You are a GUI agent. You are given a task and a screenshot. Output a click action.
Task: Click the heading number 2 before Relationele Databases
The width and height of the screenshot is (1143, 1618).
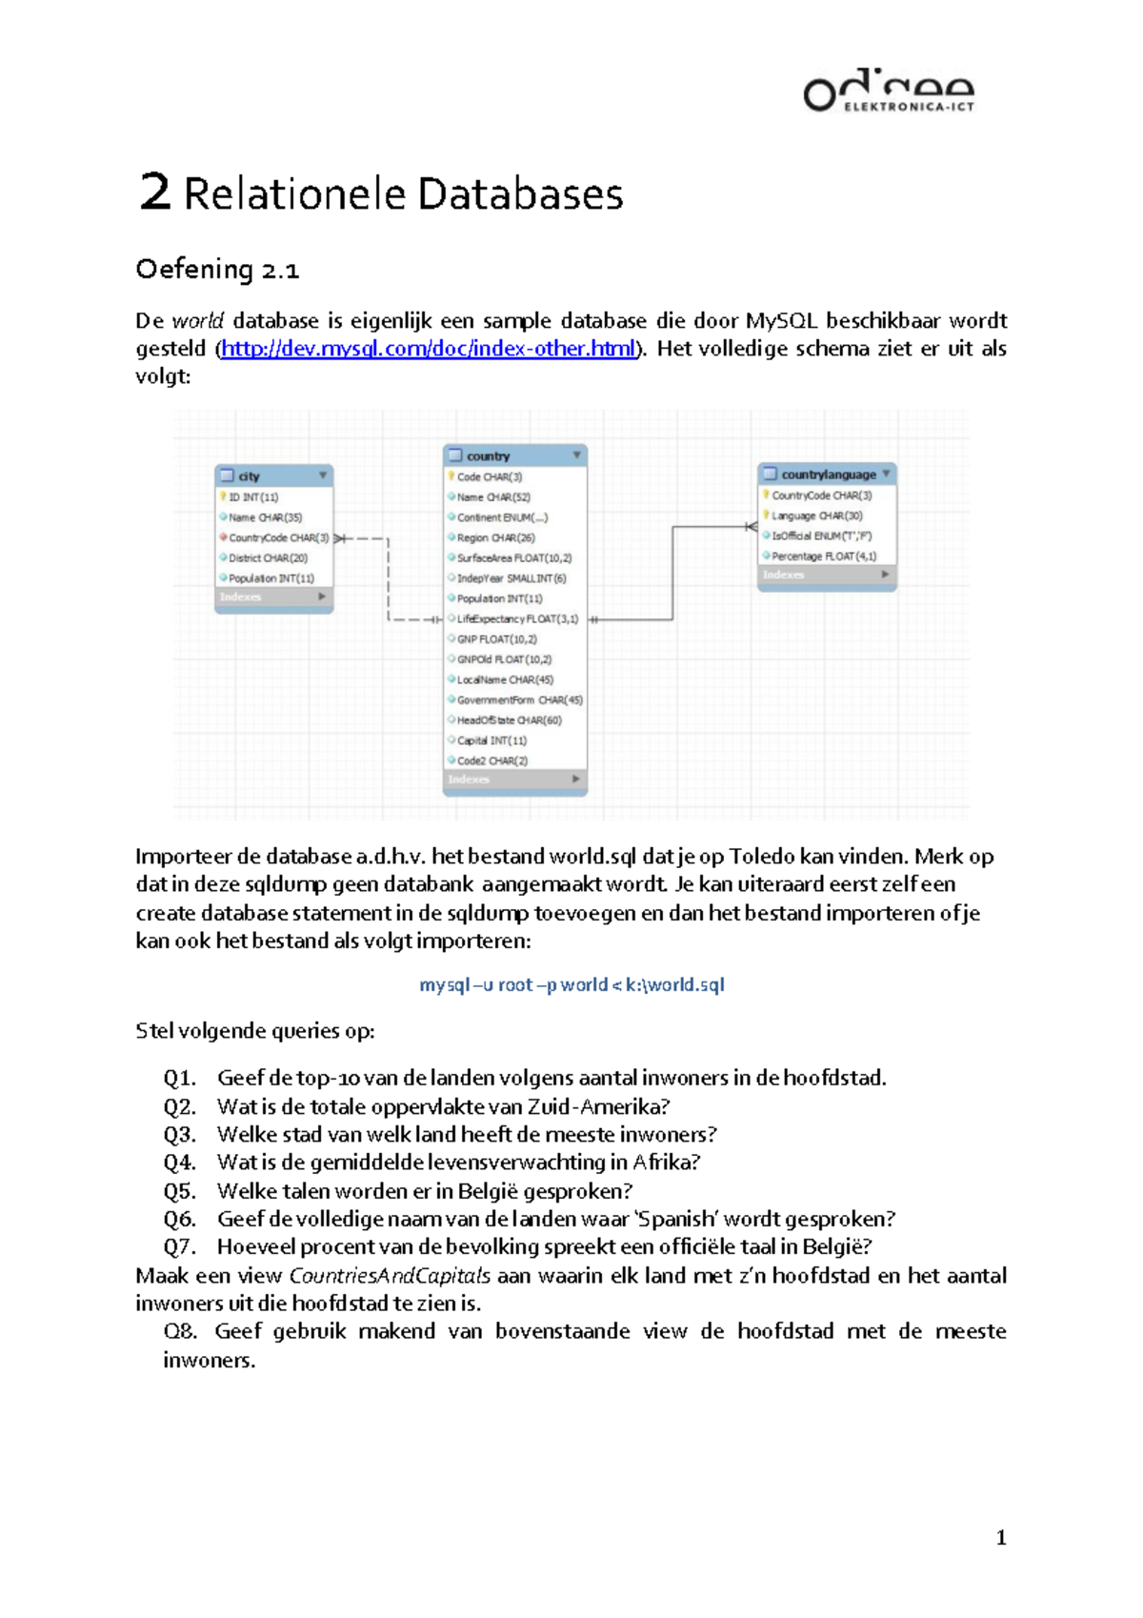tap(154, 192)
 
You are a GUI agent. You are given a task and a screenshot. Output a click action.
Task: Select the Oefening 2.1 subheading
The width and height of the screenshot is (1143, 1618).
tap(217, 270)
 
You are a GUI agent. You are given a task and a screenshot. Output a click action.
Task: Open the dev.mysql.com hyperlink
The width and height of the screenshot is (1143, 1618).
tap(428, 349)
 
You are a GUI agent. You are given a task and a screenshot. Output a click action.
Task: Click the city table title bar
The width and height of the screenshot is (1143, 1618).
tap(273, 475)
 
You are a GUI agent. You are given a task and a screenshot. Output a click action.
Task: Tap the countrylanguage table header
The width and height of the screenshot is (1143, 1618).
tap(827, 474)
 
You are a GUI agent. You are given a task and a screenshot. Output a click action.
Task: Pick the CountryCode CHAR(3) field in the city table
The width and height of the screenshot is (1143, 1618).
tap(277, 537)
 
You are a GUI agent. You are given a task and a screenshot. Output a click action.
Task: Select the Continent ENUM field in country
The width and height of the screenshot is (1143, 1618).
tap(501, 517)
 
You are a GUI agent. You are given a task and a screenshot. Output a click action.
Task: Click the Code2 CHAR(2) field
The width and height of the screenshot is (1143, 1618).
tap(491, 760)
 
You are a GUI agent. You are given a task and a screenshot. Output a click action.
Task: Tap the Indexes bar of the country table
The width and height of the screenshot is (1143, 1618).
tap(514, 779)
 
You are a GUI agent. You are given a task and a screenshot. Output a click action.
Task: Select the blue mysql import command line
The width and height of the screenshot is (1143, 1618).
tap(571, 984)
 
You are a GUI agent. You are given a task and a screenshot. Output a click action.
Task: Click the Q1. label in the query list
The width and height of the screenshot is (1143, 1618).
tap(179, 1078)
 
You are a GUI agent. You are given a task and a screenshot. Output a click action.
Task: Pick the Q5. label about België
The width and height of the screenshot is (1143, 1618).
tap(179, 1191)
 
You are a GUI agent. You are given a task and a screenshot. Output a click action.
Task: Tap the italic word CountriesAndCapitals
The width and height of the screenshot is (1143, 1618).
tap(390, 1275)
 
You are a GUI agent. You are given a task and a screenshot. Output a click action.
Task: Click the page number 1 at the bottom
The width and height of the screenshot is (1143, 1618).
tap(1000, 1537)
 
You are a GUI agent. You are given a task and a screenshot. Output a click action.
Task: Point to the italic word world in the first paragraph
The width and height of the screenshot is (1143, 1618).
tap(198, 321)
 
